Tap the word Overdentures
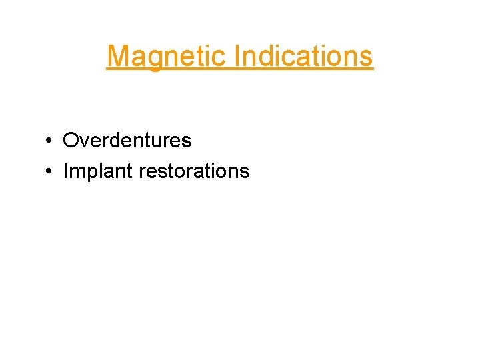127,141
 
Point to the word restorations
194,171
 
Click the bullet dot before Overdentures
49,141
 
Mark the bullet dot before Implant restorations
49,172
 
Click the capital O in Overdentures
70,141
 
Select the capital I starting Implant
65,171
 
